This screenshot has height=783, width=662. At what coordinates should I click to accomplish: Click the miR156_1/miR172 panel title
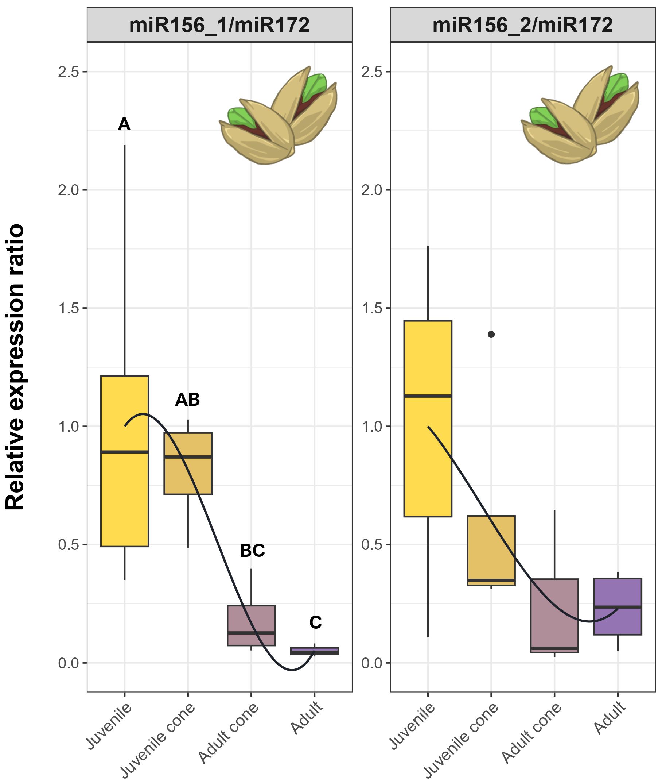click(x=219, y=26)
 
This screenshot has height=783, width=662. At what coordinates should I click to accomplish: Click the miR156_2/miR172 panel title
click(x=522, y=26)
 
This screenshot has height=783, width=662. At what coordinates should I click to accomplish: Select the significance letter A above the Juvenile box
click(x=124, y=124)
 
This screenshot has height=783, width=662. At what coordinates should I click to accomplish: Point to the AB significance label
click(x=187, y=400)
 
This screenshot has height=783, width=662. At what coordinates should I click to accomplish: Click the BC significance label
click(x=252, y=551)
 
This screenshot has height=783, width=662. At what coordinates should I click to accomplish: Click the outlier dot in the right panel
click(x=491, y=334)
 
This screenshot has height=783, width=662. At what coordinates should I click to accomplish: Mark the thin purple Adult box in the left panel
click(x=315, y=651)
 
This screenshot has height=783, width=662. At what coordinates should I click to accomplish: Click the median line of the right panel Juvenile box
click(x=428, y=396)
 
